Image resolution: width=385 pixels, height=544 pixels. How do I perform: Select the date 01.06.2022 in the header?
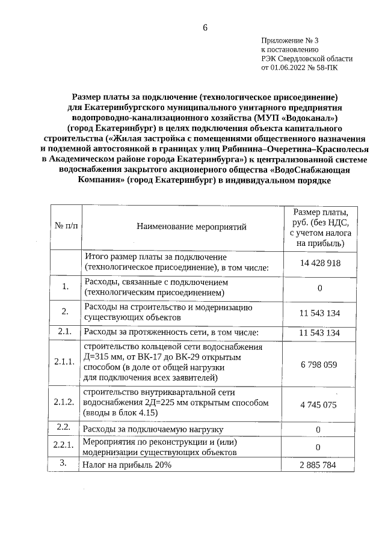pos(291,68)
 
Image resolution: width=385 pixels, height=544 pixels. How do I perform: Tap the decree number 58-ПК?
pos(334,68)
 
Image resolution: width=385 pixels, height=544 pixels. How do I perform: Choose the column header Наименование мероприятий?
pos(191,227)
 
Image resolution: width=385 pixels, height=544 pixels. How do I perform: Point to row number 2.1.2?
pos(64,402)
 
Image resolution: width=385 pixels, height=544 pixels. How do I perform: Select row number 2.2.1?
pos(64,445)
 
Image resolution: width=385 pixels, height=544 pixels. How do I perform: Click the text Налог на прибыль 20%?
pos(128,465)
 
